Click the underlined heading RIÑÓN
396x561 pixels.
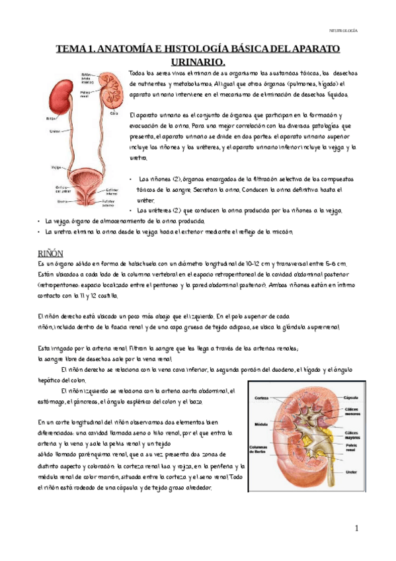tap(52, 253)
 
